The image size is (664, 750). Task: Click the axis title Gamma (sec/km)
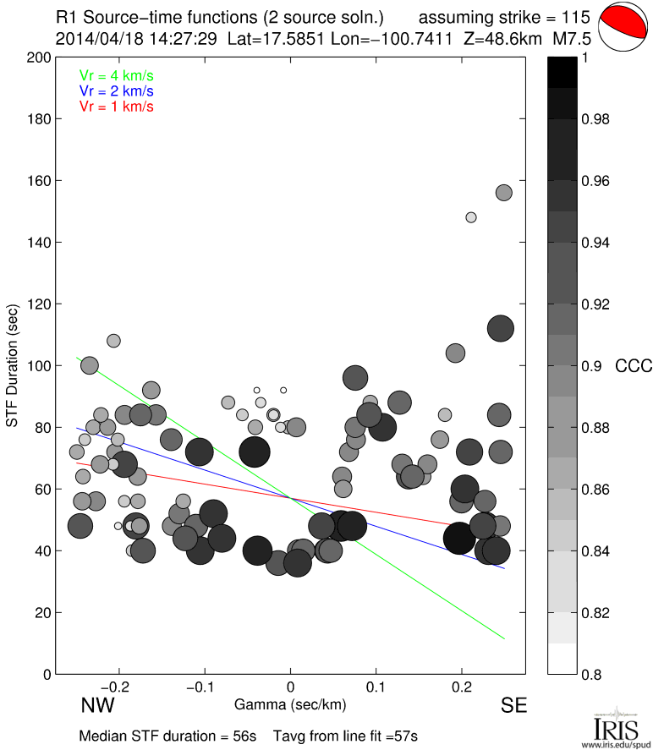pyautogui.click(x=290, y=703)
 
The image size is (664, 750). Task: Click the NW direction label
pyautogui.click(x=97, y=705)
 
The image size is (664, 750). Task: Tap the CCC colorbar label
pyautogui.click(x=634, y=366)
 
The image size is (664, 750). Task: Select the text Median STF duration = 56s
pyautogui.click(x=167, y=736)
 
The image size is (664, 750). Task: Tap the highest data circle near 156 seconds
pyautogui.click(x=504, y=193)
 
